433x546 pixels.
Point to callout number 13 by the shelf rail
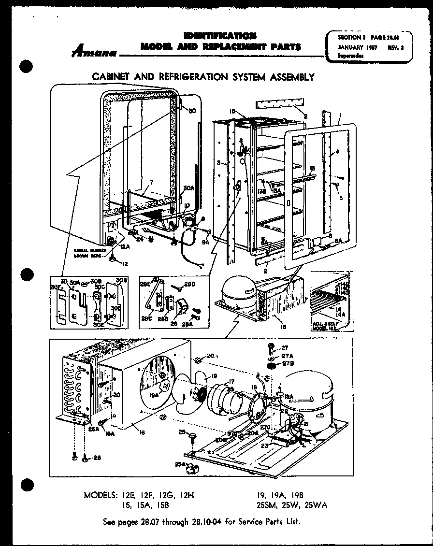(x=313, y=168)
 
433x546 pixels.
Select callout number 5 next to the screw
(x=342, y=197)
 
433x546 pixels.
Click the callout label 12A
(x=125, y=246)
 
